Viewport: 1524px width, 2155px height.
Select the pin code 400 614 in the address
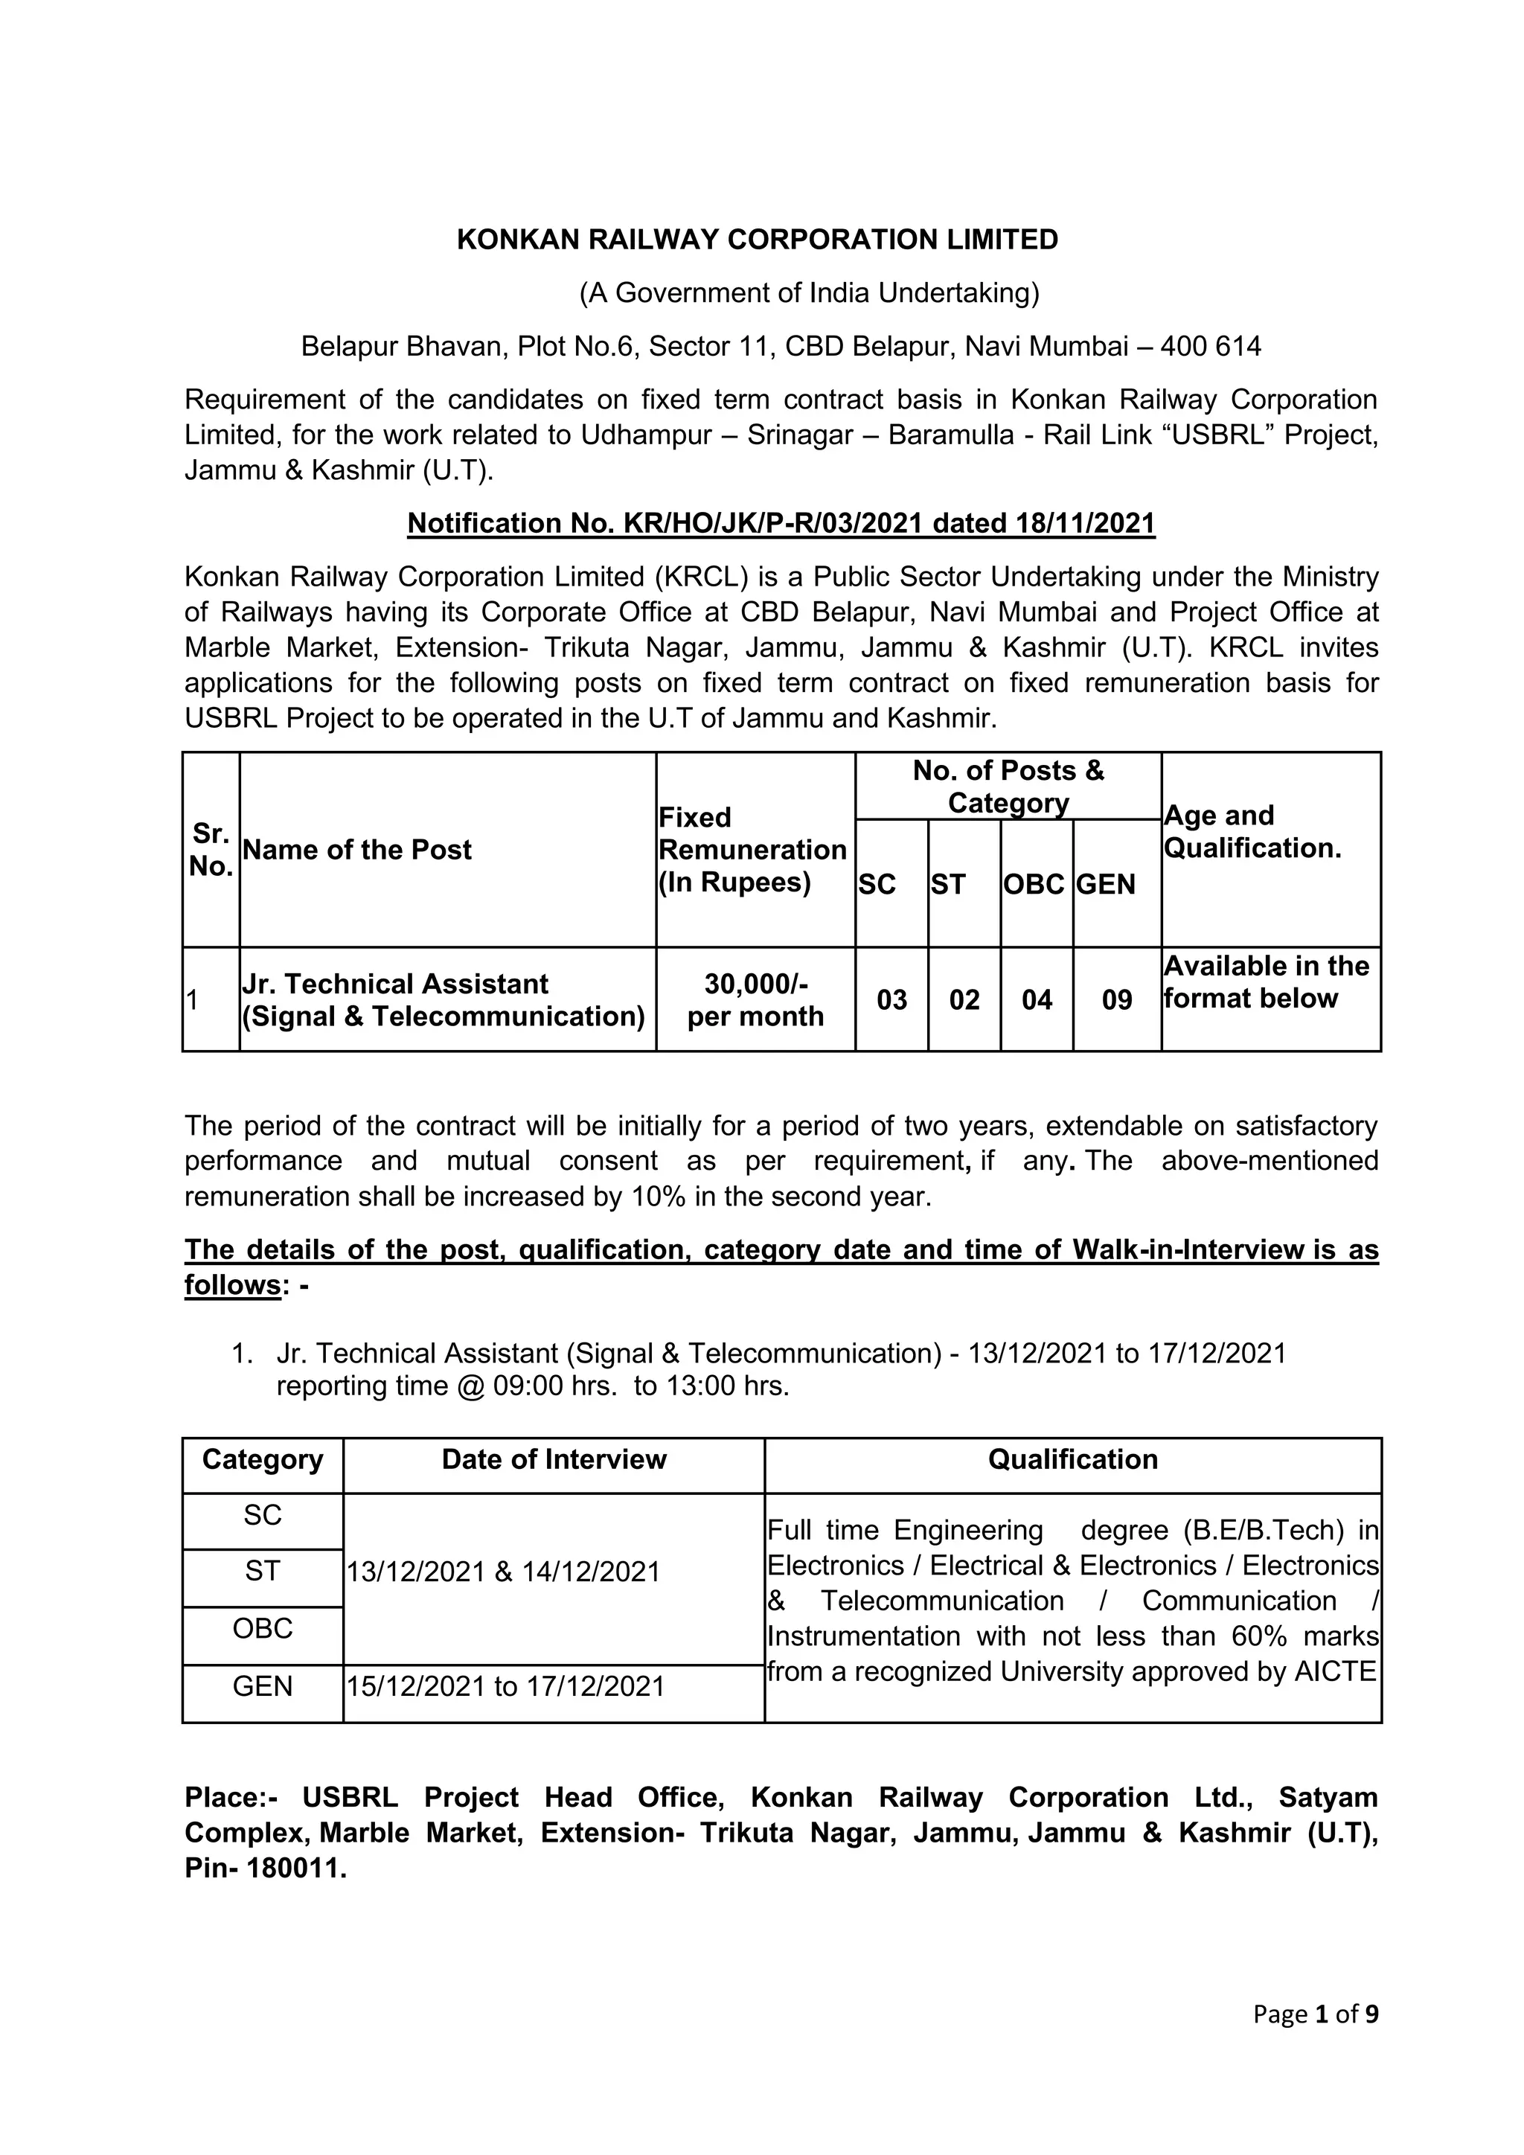point(1211,348)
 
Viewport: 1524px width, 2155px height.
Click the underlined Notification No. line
point(781,524)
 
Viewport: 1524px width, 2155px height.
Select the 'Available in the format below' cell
point(1266,983)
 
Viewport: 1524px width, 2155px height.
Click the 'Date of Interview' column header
point(554,1459)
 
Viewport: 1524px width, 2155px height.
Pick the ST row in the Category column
point(263,1570)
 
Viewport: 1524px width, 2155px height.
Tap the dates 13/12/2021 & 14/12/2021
point(504,1572)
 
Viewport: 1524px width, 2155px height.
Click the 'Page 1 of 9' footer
point(1315,2014)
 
